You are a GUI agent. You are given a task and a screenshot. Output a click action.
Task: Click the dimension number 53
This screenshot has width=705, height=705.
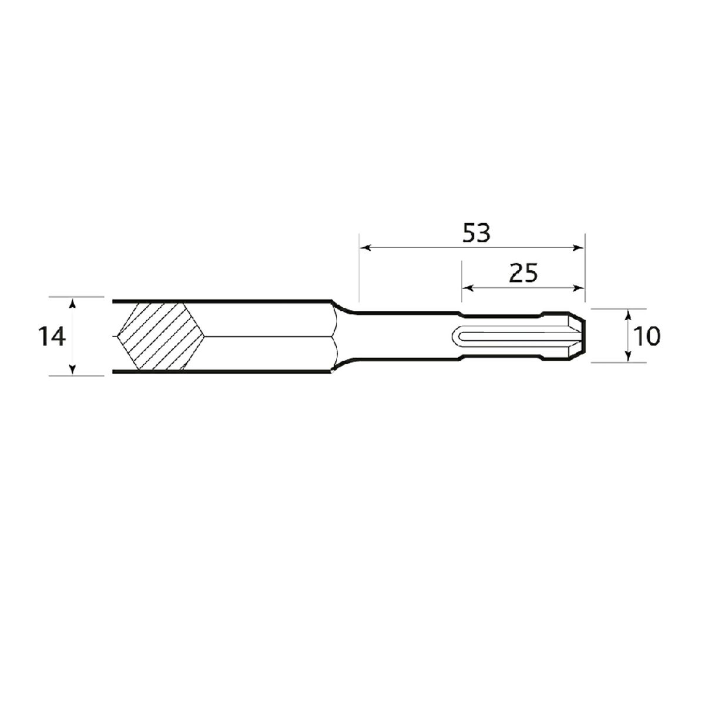coord(476,233)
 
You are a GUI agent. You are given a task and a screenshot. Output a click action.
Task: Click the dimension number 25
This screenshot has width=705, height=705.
coord(523,273)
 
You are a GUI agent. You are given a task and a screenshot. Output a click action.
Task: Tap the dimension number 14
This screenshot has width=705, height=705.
coord(52,337)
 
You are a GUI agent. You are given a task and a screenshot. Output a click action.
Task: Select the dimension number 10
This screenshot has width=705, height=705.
coord(647,337)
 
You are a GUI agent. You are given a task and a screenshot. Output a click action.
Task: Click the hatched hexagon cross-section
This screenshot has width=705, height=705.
coord(161,336)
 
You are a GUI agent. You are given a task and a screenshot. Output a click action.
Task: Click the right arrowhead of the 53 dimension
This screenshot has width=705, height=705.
coord(578,248)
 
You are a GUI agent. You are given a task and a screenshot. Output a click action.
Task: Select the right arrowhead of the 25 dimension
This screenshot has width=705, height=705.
coord(578,288)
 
